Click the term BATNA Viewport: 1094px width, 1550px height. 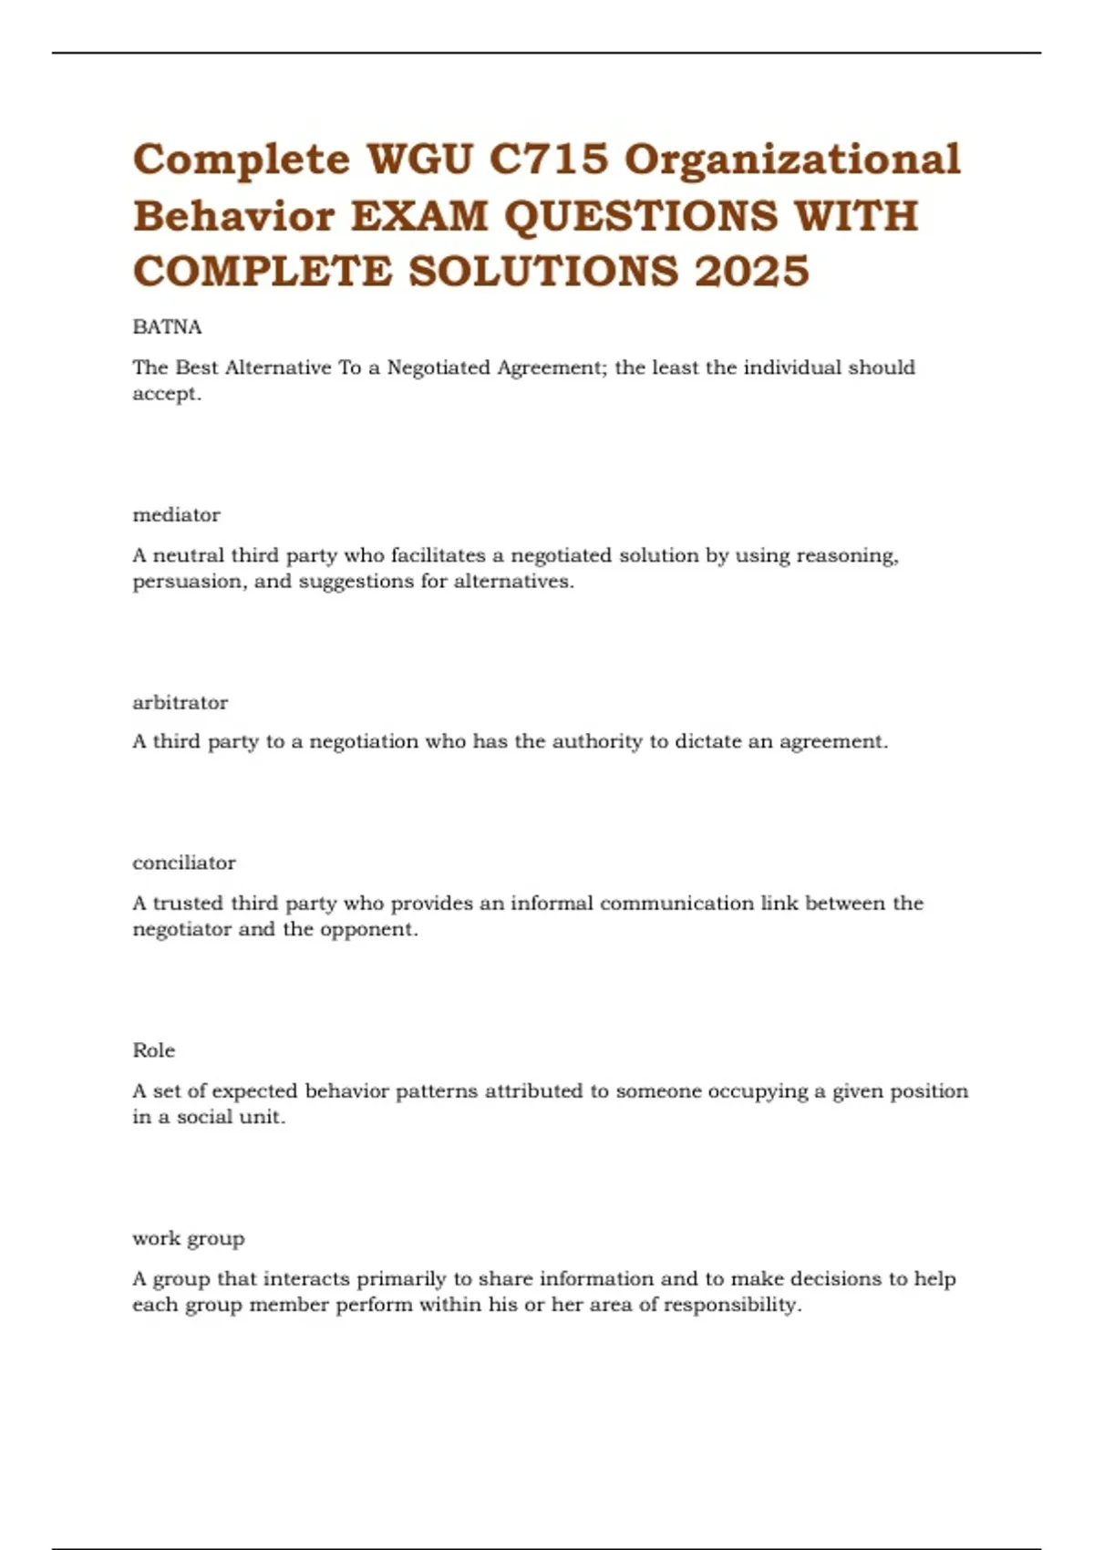(x=167, y=327)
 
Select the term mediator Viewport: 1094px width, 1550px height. (x=176, y=515)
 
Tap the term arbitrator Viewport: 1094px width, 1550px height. (x=180, y=703)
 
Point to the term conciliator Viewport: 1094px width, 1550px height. (x=183, y=863)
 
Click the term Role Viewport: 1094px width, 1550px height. (x=153, y=1050)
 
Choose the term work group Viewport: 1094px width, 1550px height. (x=188, y=1239)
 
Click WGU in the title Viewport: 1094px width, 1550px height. (x=419, y=160)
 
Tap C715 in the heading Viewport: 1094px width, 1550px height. (x=549, y=160)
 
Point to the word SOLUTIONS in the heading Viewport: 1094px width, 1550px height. (x=543, y=272)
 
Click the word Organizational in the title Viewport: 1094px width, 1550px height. (x=791, y=160)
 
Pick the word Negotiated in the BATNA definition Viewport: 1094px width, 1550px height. (x=439, y=368)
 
